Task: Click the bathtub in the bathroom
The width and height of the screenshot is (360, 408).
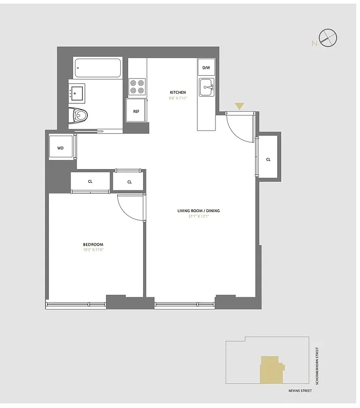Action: coord(98,68)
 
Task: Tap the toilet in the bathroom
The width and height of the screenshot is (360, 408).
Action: coord(80,116)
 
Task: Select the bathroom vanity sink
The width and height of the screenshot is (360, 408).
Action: coord(77,92)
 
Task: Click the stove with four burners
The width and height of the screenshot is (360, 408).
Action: coord(137,86)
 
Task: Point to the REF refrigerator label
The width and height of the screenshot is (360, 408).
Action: coord(136,111)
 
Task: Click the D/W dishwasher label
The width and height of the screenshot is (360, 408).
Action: coord(206,68)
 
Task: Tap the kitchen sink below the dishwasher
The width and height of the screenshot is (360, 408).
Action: coord(207,87)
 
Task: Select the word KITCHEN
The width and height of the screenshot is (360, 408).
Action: coord(178,92)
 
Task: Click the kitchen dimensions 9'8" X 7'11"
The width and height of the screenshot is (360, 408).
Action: coord(178,98)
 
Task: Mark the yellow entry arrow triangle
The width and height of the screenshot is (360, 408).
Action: coord(239,107)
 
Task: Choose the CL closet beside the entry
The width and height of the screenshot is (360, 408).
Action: coord(268,160)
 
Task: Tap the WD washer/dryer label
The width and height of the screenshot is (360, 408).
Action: coord(60,148)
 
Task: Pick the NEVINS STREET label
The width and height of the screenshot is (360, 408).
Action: coord(300,390)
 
